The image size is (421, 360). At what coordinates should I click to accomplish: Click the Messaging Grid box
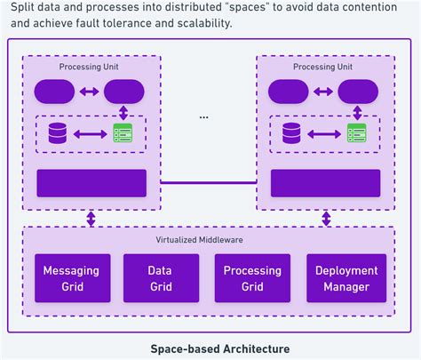tap(71, 278)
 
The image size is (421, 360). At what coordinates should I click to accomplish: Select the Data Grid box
tap(161, 278)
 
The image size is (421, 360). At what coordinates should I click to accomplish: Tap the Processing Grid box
tap(252, 278)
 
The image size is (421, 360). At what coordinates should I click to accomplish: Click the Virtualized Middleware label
tap(208, 241)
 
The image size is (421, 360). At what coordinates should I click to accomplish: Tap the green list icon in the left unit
tap(123, 134)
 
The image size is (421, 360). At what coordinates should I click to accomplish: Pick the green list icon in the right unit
tap(357, 134)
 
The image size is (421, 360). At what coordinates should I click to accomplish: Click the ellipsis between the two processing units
tap(204, 116)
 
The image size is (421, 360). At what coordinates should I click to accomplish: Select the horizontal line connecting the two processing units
tap(208, 183)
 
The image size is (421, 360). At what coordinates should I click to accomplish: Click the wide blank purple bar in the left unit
tap(91, 183)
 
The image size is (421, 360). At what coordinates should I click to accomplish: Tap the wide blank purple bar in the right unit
tap(325, 183)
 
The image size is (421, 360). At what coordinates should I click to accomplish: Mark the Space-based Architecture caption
tap(208, 348)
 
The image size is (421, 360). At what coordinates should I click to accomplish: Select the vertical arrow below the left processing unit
tap(91, 219)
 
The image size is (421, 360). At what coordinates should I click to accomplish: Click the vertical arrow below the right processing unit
tap(325, 219)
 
